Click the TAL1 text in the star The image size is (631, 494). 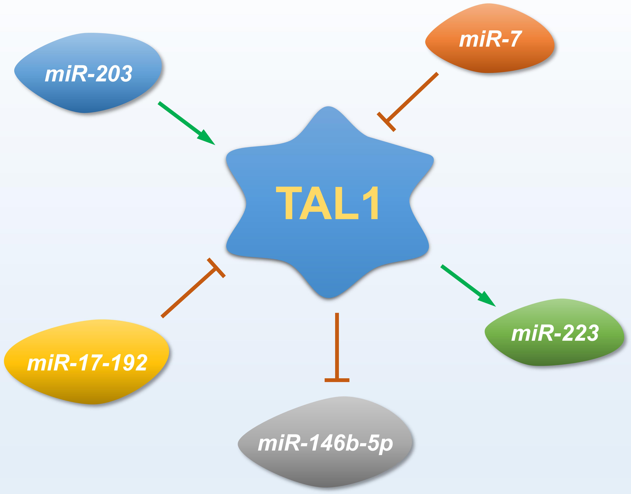(x=327, y=203)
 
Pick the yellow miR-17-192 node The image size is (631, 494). (x=87, y=362)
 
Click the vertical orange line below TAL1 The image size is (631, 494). (x=337, y=346)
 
